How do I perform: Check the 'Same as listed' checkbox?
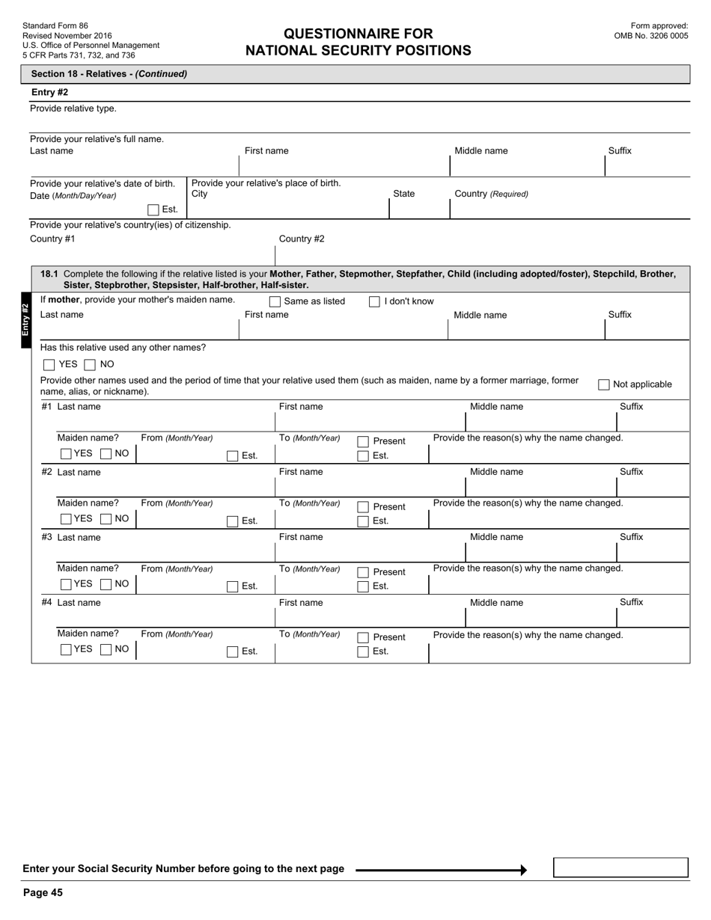tap(275, 302)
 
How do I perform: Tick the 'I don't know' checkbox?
tap(374, 302)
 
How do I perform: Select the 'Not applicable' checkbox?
tap(604, 384)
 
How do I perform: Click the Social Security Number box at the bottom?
tap(620, 868)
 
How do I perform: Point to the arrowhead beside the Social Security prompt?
tap(523, 870)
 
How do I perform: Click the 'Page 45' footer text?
tap(43, 892)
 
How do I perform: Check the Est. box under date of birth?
tap(153, 210)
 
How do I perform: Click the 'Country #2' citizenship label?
tap(302, 239)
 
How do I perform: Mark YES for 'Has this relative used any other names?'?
tap(49, 365)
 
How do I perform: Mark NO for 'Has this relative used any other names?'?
tap(90, 365)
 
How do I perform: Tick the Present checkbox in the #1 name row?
tap(363, 442)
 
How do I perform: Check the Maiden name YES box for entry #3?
tap(66, 584)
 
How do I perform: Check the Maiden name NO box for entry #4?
tap(106, 649)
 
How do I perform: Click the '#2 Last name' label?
tap(71, 472)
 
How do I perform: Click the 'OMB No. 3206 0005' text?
tap(650, 36)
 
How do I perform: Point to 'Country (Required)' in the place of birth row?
tap(491, 194)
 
